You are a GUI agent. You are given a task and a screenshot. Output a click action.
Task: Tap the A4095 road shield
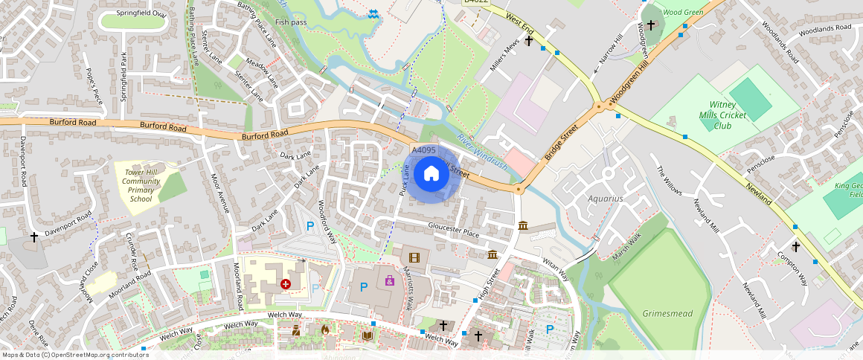coord(423,150)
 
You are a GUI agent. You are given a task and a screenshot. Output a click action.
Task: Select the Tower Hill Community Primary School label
coord(141,185)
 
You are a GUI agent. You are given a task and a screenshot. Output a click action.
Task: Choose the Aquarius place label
coord(605,199)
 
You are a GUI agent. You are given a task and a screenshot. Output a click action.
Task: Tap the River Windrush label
coord(482,151)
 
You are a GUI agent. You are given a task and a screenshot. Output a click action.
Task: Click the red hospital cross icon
coord(286,283)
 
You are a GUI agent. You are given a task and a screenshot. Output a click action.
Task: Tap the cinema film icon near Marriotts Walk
coord(414,258)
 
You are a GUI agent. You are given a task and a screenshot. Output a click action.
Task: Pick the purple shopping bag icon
coord(389,280)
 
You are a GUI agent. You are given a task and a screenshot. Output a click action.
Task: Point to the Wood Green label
coord(682,12)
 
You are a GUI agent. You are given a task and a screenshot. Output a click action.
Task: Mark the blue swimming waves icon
coord(373,13)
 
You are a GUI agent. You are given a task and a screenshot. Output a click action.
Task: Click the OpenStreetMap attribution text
coord(75,355)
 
